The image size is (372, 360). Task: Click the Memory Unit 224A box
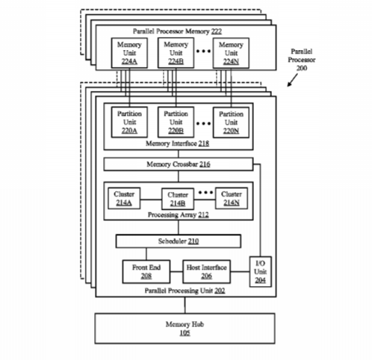point(129,53)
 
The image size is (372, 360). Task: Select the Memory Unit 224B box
point(176,53)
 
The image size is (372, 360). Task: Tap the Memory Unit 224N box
point(231,53)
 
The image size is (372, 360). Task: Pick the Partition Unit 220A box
point(129,122)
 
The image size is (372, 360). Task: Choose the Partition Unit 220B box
point(176,122)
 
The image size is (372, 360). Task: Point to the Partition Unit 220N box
point(231,122)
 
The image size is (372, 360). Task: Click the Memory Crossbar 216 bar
point(179,164)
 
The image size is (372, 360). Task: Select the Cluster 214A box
point(124,199)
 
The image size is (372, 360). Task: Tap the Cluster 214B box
point(178,199)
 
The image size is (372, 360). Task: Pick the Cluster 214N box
point(232,199)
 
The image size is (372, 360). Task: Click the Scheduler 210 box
point(179,241)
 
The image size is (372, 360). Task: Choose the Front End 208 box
point(146,272)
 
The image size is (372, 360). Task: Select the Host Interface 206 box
point(206,272)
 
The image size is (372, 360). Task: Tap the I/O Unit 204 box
point(261,272)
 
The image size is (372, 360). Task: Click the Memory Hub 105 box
point(185,329)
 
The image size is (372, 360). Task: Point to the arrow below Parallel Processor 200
point(292,80)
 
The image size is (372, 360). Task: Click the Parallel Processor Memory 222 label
point(177,31)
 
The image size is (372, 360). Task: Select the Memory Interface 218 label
point(177,143)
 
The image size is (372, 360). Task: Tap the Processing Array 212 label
point(179,215)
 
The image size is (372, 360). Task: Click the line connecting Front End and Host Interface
point(176,272)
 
